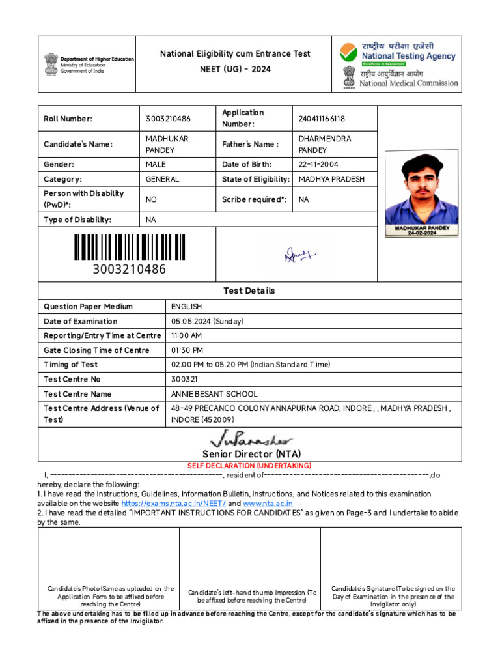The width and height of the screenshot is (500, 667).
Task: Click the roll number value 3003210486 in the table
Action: (169, 119)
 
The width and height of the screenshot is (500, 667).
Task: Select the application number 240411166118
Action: (322, 119)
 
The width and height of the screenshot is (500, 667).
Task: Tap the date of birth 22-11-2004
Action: (318, 165)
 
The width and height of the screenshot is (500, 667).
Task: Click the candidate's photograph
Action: (421, 193)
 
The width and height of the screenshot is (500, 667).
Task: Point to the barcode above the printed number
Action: (129, 248)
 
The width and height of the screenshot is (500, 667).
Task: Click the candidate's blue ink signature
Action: (299, 254)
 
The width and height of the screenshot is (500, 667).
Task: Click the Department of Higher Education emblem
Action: (51, 63)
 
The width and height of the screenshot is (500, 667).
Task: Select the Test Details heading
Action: (249, 291)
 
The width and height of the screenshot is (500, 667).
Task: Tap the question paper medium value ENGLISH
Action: (186, 307)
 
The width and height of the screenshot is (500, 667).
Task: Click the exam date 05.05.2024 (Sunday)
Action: (207, 321)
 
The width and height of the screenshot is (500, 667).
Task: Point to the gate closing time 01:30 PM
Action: (187, 350)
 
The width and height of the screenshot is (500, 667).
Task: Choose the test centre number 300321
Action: (184, 379)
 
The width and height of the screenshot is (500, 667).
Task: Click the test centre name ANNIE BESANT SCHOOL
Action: (214, 394)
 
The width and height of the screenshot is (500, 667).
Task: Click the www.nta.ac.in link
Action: (268, 504)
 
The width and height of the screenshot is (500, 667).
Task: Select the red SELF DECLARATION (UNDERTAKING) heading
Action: (249, 466)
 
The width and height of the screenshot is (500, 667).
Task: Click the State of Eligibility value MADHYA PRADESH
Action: (331, 179)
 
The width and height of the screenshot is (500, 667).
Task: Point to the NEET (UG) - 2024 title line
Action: (235, 70)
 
